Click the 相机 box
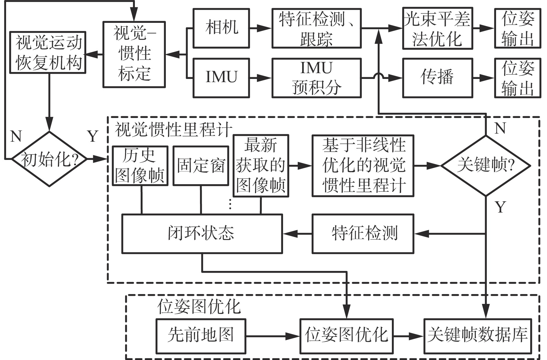pyautogui.click(x=221, y=28)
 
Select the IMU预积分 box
pyautogui.click(x=316, y=78)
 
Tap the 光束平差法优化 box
pyautogui.click(x=437, y=28)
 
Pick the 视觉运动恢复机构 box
pyautogui.click(x=48, y=52)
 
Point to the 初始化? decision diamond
pyautogui.click(x=49, y=159)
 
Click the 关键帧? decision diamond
pyautogui.click(x=485, y=166)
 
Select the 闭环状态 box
pyautogui.click(x=202, y=234)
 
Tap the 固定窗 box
pyautogui.click(x=201, y=165)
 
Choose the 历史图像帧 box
pyautogui.click(x=140, y=166)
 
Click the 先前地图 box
pyautogui.click(x=201, y=336)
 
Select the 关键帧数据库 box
pyautogui.click(x=478, y=336)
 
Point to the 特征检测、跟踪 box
pyautogui.click(x=316, y=28)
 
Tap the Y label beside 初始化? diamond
pyautogui.click(x=93, y=136)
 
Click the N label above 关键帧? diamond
pyautogui.click(x=500, y=128)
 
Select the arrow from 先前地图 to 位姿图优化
pyautogui.click(x=272, y=336)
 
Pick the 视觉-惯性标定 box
pyautogui.click(x=134, y=54)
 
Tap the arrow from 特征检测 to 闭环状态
pyautogui.click(x=297, y=234)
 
